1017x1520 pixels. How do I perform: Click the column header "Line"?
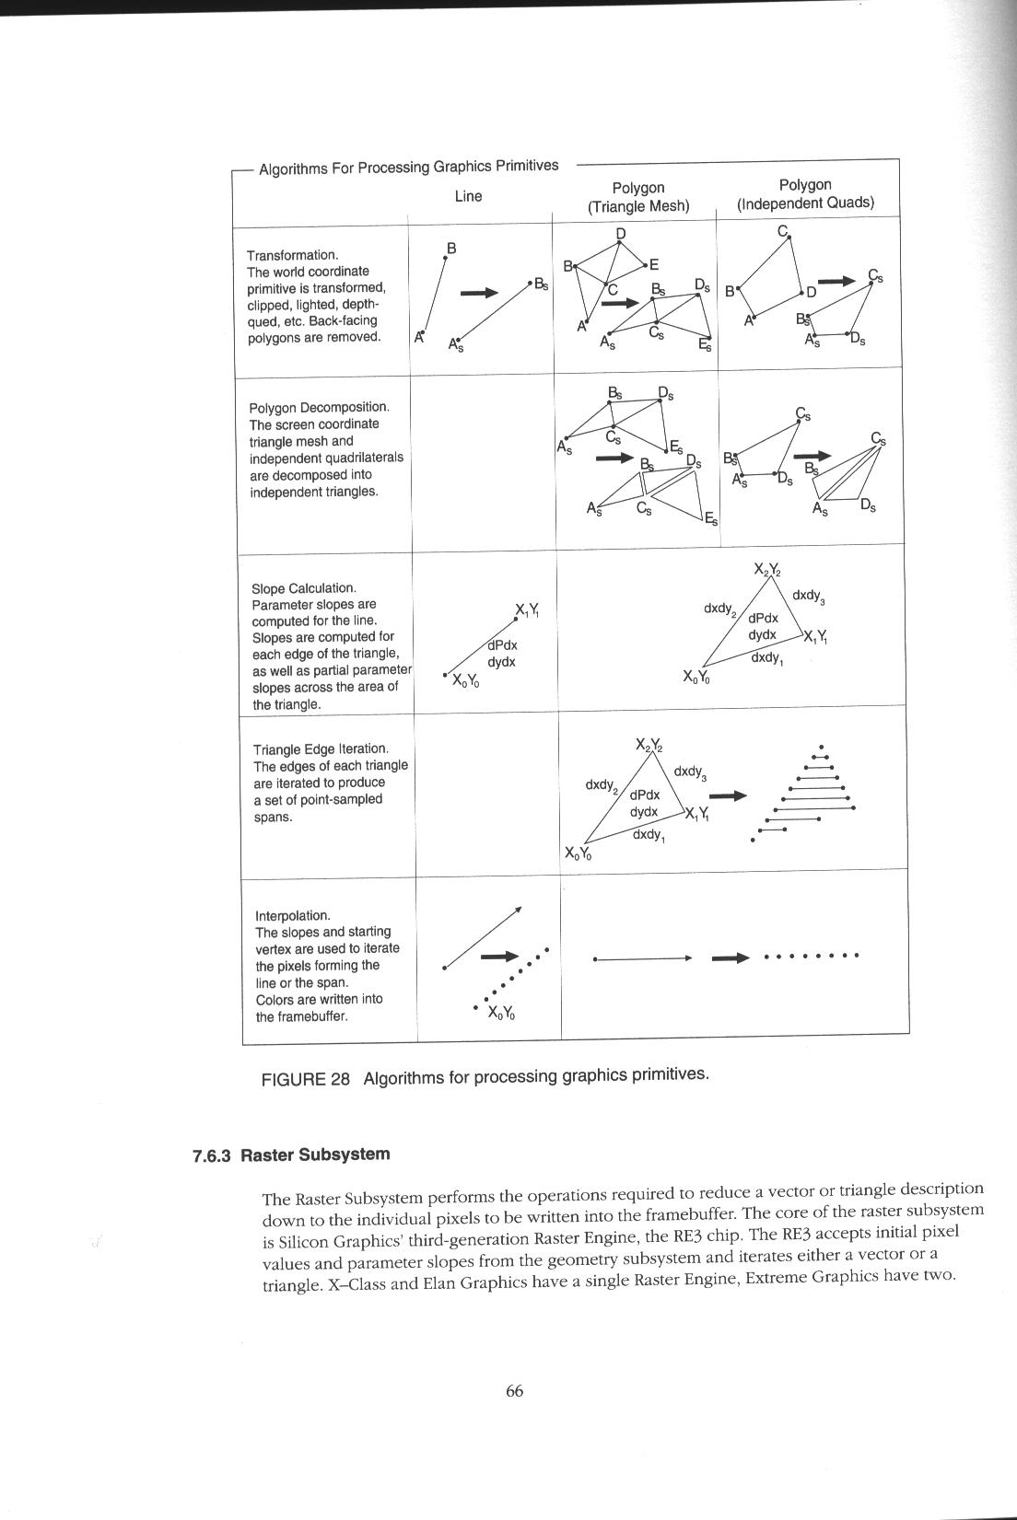[468, 196]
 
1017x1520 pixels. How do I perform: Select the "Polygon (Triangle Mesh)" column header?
[638, 197]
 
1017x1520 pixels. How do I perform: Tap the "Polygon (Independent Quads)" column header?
[804, 194]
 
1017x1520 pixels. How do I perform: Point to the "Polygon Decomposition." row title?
[319, 407]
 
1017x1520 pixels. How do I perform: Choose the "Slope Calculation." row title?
[303, 588]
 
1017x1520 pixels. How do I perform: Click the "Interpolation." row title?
[292, 915]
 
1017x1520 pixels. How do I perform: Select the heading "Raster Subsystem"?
[315, 1155]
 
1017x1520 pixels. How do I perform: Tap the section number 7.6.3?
[211, 1156]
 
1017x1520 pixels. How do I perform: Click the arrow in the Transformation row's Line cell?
[479, 293]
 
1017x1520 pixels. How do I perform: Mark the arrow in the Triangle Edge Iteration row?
[729, 795]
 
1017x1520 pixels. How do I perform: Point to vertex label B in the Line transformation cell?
[451, 249]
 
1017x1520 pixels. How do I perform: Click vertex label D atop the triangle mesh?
[620, 233]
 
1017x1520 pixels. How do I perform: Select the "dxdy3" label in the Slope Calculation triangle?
[808, 596]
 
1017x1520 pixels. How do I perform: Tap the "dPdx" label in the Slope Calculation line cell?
[502, 645]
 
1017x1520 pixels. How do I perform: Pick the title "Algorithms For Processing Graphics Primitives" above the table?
[408, 168]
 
